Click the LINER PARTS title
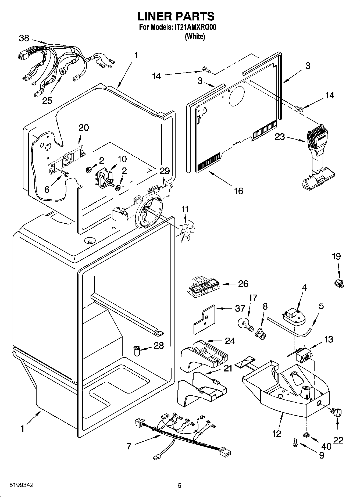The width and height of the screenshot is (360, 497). pyautogui.click(x=176, y=16)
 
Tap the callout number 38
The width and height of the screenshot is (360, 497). pyautogui.click(x=24, y=38)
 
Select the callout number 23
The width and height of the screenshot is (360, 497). pyautogui.click(x=280, y=137)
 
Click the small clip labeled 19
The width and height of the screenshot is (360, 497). pyautogui.click(x=340, y=283)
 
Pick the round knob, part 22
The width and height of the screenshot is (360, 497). pyautogui.click(x=336, y=412)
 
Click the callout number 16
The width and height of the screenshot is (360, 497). pyautogui.click(x=238, y=191)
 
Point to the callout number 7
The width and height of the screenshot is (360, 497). pyautogui.click(x=129, y=446)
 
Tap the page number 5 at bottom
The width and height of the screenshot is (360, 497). pyautogui.click(x=180, y=485)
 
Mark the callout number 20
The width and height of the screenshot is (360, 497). pyautogui.click(x=84, y=127)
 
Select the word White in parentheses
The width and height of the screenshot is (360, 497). pyautogui.click(x=195, y=37)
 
